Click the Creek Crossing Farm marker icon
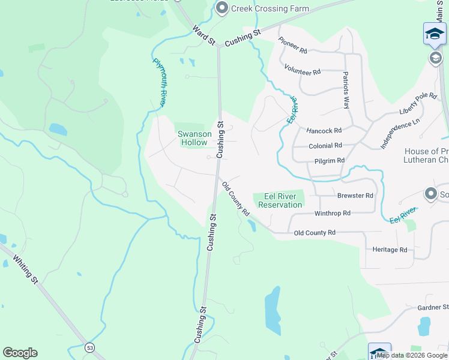[222, 8]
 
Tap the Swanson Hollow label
[192, 138]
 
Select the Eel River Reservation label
[280, 200]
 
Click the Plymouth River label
[160, 82]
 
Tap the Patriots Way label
[346, 90]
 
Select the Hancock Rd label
[324, 130]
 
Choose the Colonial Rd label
[325, 146]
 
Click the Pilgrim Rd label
[329, 161]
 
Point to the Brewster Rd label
[355, 196]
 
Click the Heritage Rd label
[390, 250]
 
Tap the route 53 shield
[89, 347]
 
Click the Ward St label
[203, 35]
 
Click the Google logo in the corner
[20, 353]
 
